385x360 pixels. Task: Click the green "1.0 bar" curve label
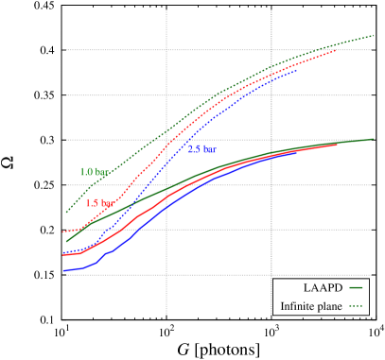point(94,172)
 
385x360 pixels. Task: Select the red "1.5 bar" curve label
point(99,203)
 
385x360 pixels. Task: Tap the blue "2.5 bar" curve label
point(201,149)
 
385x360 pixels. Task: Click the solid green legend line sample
point(356,287)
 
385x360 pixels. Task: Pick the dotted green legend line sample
point(356,305)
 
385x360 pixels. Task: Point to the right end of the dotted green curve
point(375,36)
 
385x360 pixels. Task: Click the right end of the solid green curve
point(373,139)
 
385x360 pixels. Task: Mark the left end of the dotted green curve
point(66,213)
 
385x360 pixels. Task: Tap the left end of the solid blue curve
point(63,271)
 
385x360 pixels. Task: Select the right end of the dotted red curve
point(337,50)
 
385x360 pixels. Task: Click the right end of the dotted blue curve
point(296,70)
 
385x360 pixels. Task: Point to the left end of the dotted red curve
point(63,231)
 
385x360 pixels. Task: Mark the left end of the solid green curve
point(66,241)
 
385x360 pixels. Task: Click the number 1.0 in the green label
point(86,172)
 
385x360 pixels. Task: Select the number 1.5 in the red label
point(92,203)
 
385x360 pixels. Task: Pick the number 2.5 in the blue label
point(193,149)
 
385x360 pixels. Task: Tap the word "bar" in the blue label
point(209,149)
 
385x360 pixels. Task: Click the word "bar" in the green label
point(101,172)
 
